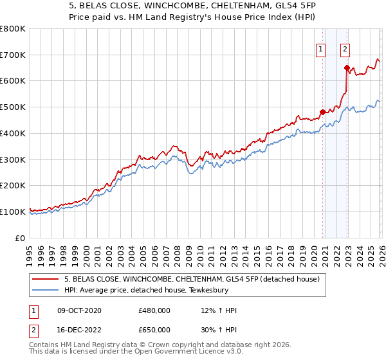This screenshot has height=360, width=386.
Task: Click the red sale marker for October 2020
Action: pos(322,111)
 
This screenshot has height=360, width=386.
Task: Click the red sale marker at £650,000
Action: pos(347,67)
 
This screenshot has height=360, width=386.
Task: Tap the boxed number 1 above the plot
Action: pos(320,48)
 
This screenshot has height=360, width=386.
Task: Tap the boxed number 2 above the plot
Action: pos(345,48)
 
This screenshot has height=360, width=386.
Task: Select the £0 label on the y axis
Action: pos(21,238)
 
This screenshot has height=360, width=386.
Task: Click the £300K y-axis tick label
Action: pos(13,159)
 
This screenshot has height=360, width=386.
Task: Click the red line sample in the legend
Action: pos(46,279)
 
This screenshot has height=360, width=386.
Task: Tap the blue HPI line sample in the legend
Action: pos(46,290)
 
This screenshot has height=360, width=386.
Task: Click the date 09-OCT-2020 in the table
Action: pos(79,310)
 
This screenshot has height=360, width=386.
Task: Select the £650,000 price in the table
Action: pos(154,330)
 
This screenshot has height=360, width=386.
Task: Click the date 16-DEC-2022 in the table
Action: pos(79,330)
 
